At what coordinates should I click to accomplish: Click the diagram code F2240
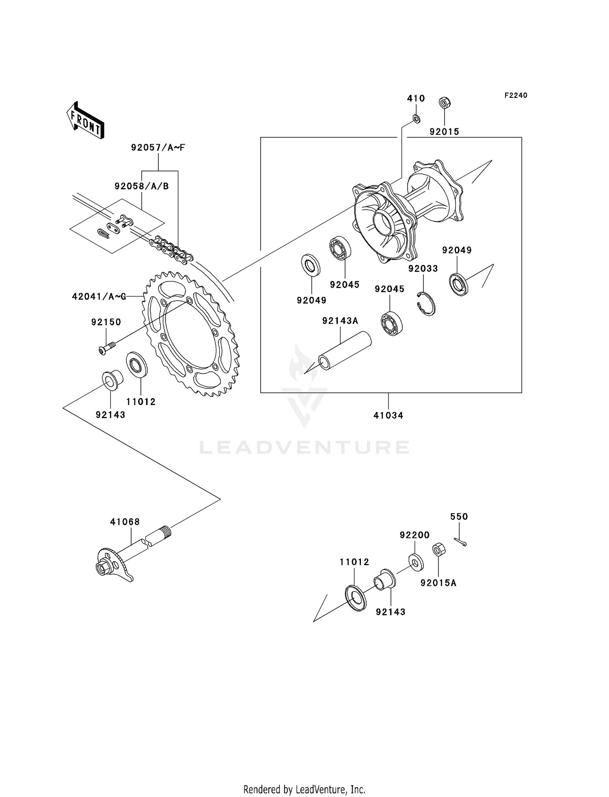click(x=516, y=95)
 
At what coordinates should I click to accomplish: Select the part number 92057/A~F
click(x=158, y=147)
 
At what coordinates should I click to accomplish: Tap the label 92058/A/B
click(x=141, y=186)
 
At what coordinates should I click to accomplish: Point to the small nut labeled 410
click(x=416, y=119)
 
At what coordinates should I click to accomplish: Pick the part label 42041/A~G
click(x=99, y=297)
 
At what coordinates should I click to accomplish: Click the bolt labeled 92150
click(x=107, y=348)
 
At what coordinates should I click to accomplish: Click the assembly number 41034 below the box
click(x=388, y=416)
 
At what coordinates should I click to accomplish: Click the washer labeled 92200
click(x=416, y=562)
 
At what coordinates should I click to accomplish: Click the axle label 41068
click(x=125, y=522)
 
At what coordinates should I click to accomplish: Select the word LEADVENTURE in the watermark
click(x=304, y=447)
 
